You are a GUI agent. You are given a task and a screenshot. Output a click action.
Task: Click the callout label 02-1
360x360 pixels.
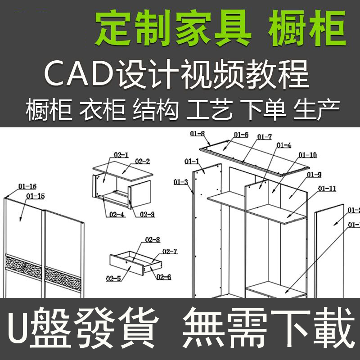(x=121, y=155)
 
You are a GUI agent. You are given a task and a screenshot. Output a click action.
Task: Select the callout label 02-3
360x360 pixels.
(x=147, y=215)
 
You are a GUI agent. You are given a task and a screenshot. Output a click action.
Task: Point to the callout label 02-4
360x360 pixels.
(x=117, y=215)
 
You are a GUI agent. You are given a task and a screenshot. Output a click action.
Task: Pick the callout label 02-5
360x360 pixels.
(x=113, y=279)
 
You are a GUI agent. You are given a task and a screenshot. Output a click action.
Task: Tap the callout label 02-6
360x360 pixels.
(x=164, y=277)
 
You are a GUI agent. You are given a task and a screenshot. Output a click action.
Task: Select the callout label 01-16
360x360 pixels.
(x=27, y=186)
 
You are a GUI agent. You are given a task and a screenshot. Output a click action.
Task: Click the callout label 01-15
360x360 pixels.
(x=36, y=196)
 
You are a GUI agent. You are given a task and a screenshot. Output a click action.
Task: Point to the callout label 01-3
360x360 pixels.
(x=180, y=182)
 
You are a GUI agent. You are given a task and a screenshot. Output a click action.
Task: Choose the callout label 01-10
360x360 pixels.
(x=307, y=155)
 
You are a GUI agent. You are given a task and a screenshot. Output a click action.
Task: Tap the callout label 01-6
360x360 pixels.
(x=241, y=135)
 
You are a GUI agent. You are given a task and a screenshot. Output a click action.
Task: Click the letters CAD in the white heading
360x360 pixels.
(x=79, y=74)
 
